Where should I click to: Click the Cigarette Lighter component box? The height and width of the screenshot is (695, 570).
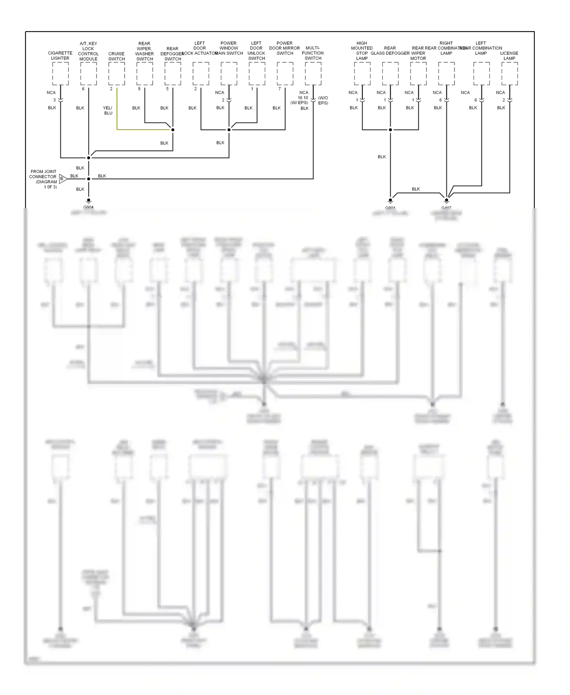tap(60, 74)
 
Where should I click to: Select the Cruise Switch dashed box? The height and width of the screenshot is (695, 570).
tap(117, 74)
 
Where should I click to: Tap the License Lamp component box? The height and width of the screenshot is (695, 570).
tap(510, 74)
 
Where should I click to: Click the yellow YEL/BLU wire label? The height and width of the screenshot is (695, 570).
tap(108, 110)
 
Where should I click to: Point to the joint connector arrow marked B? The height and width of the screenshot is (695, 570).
tap(63, 178)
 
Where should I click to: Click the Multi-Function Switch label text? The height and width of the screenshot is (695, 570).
tap(313, 53)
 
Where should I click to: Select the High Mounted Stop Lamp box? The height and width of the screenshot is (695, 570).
tap(362, 74)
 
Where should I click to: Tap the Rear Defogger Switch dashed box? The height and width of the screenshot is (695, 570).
tap(173, 74)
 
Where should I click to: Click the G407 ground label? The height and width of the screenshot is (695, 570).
tap(446, 208)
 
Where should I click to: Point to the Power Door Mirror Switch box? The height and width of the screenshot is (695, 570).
tap(285, 74)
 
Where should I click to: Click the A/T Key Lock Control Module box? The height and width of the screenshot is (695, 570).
tap(89, 74)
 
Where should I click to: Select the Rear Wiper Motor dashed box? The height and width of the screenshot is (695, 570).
tap(418, 74)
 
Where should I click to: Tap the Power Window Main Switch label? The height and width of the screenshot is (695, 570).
tap(229, 48)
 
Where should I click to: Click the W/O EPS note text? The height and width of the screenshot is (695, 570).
tap(323, 100)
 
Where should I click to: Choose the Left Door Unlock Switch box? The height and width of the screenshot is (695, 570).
tap(257, 74)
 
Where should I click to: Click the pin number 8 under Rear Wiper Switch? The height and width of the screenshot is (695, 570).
tap(139, 89)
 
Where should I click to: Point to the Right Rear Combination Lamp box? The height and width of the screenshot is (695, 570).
tap(446, 74)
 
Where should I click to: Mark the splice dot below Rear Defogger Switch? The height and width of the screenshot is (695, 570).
tap(173, 130)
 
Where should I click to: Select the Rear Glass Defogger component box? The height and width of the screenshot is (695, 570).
tap(390, 74)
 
